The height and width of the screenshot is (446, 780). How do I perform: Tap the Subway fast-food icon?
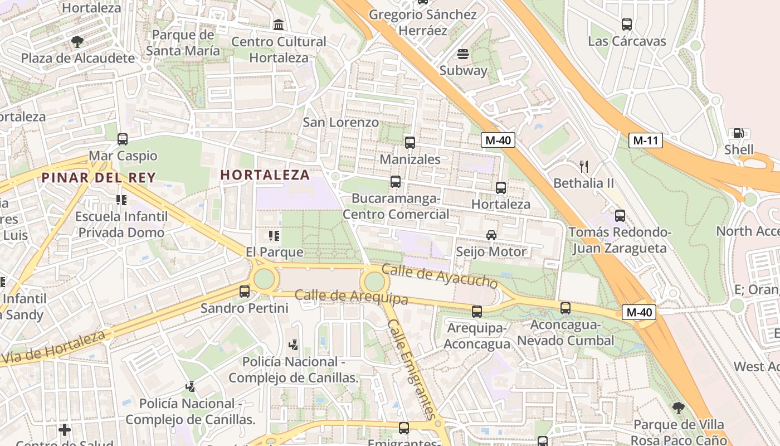463,54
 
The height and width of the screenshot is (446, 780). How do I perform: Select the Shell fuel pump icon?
738,133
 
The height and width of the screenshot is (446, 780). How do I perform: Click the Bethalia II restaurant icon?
584,166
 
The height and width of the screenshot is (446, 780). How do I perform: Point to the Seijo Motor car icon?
491,235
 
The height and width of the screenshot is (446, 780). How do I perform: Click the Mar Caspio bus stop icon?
123,139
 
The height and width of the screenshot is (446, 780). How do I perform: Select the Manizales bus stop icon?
410,143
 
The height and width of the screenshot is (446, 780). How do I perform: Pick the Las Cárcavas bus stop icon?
627,25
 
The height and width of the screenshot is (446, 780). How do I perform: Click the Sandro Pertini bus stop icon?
244,291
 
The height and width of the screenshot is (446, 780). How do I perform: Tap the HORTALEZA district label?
265,174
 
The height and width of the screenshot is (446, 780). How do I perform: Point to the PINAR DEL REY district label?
98,178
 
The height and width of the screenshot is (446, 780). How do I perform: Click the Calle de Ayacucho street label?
439,276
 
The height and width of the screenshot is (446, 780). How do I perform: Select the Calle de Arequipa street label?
351,296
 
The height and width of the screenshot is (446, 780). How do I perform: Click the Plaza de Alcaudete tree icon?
77,41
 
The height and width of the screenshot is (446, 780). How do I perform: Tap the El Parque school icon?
274,236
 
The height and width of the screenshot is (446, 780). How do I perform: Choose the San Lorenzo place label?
340,122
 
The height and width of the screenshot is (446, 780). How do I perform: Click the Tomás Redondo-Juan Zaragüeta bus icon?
620,215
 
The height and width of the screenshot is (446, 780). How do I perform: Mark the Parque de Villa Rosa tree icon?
678,408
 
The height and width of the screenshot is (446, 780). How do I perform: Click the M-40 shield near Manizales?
498,140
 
